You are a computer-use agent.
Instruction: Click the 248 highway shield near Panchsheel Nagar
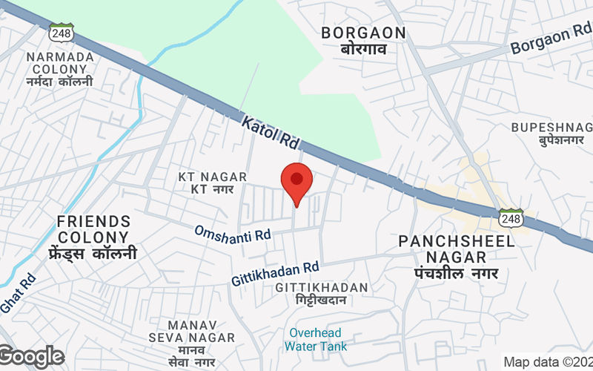tap(511, 217)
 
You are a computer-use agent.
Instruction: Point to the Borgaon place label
tap(363, 40)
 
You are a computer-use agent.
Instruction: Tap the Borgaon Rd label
tap(549, 43)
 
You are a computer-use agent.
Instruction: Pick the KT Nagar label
tap(206, 183)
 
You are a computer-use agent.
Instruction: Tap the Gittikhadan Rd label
tap(275, 273)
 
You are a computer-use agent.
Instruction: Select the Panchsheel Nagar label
tap(445, 249)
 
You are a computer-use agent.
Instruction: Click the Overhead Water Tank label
tap(316, 339)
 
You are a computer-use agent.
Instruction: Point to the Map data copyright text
tap(547, 362)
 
